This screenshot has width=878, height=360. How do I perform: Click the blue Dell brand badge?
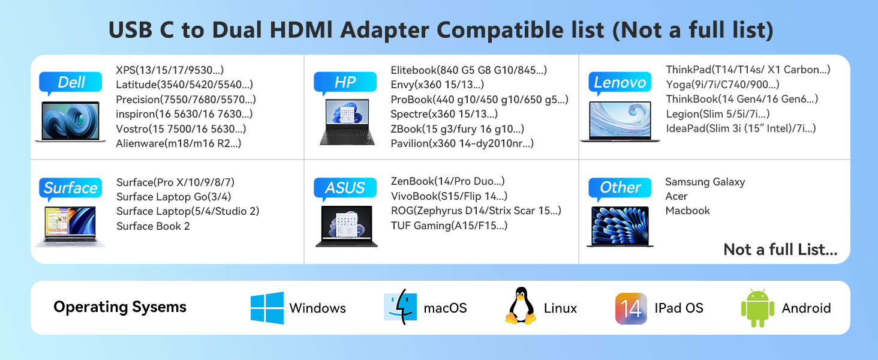[x=71, y=83]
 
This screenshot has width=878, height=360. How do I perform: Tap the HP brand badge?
[x=345, y=83]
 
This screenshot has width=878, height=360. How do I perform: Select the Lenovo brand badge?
[x=620, y=83]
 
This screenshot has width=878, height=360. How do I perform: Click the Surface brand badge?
[x=70, y=188]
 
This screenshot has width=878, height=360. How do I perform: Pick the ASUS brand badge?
[x=345, y=188]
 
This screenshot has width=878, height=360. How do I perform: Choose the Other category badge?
[x=620, y=188]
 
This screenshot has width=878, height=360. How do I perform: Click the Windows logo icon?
[x=267, y=308]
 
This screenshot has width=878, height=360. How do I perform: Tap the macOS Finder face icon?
[x=400, y=308]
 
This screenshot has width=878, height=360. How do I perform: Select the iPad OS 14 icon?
[x=631, y=308]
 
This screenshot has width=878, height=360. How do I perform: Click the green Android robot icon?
[x=757, y=308]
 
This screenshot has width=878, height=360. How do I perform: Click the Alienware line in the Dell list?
[x=179, y=143]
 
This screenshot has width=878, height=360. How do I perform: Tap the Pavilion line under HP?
[x=462, y=143]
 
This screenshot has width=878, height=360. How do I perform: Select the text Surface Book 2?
[x=153, y=226]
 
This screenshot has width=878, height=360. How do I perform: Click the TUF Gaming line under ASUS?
[x=449, y=226]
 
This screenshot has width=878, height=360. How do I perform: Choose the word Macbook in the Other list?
[x=687, y=211]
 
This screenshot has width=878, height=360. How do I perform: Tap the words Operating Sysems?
[x=120, y=307]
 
